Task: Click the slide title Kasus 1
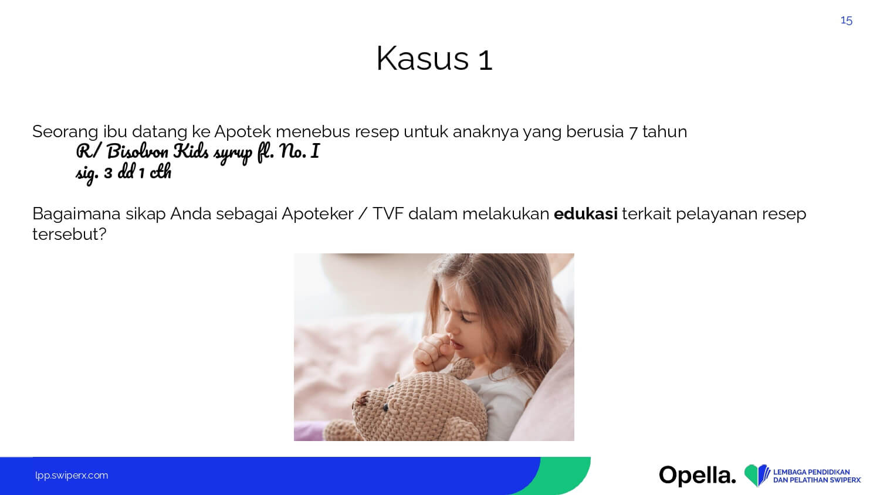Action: coord(434,59)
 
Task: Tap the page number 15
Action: coord(846,21)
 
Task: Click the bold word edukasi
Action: coord(585,213)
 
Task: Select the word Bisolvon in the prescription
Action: coord(137,152)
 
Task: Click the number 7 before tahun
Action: coord(633,132)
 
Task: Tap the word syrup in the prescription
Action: coord(233,154)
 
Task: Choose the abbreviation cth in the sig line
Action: coord(161,172)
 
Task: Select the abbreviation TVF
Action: coord(388,213)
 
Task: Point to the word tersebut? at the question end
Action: coord(69,234)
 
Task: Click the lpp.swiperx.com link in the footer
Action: coord(72,476)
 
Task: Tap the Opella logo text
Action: coord(698,475)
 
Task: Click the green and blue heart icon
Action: coord(757,474)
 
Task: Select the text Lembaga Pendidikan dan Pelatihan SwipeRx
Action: coord(817,476)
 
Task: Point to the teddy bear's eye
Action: coord(385,407)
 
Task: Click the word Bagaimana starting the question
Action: coord(77,215)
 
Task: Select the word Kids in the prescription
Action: coord(191,151)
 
